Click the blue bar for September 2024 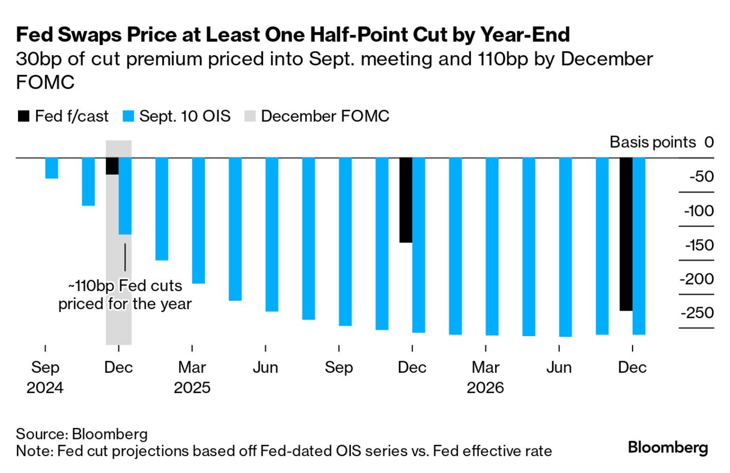(x=52, y=168)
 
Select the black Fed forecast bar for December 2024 (x=112, y=166)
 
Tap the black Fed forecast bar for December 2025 (x=406, y=200)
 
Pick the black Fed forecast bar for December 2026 (x=626, y=234)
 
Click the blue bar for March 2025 (x=198, y=220)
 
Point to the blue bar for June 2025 (x=272, y=235)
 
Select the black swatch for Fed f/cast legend (x=23, y=116)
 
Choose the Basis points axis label (x=652, y=143)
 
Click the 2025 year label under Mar (x=192, y=388)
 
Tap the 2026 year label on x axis (x=486, y=388)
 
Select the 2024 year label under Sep (x=45, y=388)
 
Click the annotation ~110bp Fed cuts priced (x=124, y=295)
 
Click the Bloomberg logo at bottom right (x=668, y=448)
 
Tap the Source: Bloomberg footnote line (x=82, y=434)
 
